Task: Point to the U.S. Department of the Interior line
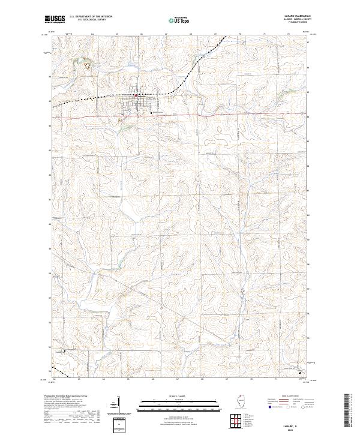pyautogui.click(x=92, y=17)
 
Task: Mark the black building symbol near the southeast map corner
pyautogui.click(x=300, y=373)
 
